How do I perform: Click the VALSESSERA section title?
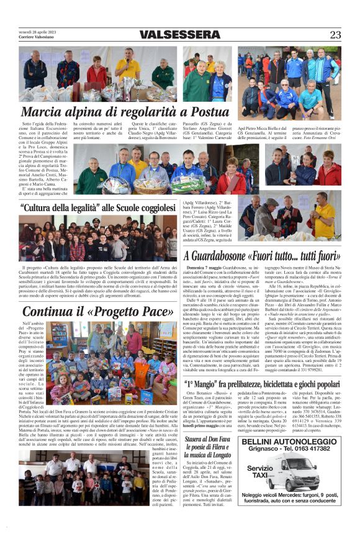coord(180,35)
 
